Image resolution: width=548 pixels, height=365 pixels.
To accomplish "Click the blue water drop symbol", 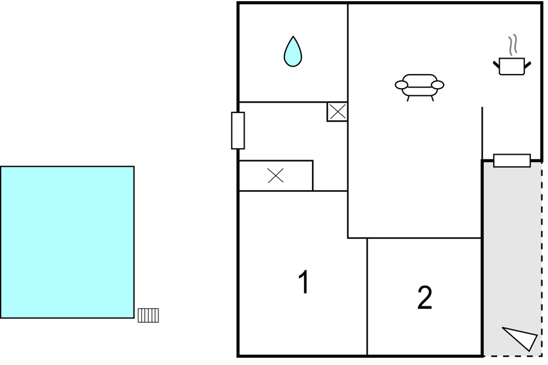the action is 293,53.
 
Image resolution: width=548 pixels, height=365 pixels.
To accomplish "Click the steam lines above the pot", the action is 513,45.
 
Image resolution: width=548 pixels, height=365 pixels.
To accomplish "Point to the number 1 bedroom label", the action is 305,282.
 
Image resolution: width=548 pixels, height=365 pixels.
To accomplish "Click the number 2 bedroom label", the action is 424,298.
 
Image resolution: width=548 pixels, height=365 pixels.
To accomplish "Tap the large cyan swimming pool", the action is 67,242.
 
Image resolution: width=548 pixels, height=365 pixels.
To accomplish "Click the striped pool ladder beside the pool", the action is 148,315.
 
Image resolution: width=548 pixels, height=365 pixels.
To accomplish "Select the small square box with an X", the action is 337,112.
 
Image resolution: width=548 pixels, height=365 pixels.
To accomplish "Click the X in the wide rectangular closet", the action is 276,175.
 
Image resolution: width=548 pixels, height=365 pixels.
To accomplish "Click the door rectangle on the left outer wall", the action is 238,131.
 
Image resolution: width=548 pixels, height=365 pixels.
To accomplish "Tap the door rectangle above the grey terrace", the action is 512,161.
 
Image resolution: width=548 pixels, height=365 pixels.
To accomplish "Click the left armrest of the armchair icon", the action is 401,85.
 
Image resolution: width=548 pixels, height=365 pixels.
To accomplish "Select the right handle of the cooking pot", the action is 527,65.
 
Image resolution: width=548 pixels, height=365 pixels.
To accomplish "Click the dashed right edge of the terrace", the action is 542,259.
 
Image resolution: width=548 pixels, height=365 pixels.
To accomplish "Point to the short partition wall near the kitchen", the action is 483,133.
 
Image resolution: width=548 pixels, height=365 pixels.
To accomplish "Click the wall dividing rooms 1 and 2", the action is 368,297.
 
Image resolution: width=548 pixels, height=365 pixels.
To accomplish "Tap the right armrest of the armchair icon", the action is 437,85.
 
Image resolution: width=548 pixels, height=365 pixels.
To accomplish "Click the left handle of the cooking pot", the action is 497,65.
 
